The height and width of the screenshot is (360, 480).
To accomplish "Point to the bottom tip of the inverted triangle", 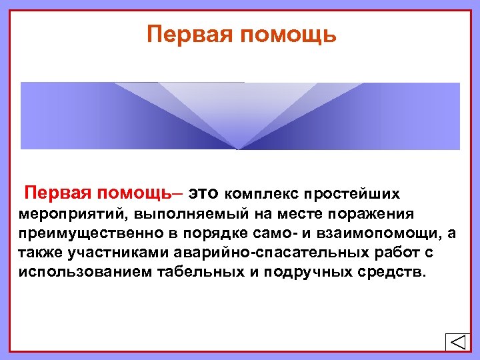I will [238, 148].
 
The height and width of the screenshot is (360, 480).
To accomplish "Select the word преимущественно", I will [87, 234].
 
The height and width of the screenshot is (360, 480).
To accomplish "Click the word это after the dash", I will [203, 194].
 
